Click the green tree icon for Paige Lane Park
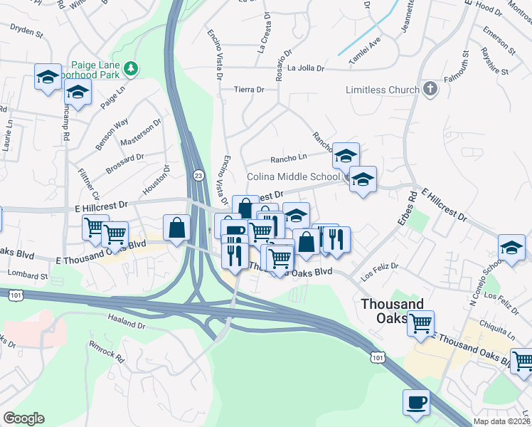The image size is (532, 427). pos(131,68)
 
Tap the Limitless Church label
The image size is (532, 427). pos(382,90)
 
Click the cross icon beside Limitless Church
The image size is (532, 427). pos(429,90)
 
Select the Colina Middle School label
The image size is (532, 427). pos(293,176)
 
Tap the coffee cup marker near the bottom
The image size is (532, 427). pos(416,403)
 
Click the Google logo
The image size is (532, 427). pos(23,418)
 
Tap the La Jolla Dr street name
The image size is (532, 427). pos(306,68)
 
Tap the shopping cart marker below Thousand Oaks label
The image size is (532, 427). pos(420,323)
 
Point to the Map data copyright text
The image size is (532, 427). pos(502,421)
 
